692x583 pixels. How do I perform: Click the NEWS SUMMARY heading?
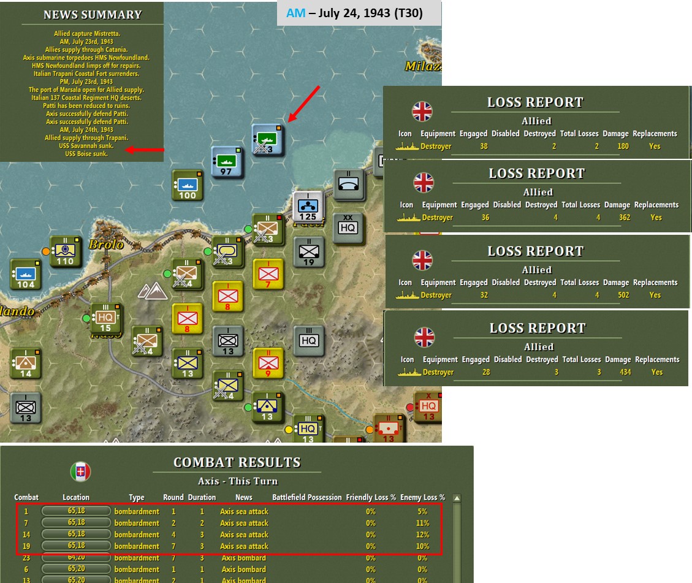coord(93,15)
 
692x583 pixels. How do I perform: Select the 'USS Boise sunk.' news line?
coord(86,154)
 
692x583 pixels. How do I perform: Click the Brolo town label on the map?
coord(105,244)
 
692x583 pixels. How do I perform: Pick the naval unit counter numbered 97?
coord(226,162)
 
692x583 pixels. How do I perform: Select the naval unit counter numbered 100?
coord(187,186)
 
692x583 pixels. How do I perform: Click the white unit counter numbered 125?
coord(308,207)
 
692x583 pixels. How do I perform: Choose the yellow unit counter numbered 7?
coord(268,273)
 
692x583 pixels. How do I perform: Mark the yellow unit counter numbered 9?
coord(268,362)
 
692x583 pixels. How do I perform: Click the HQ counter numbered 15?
coord(105,318)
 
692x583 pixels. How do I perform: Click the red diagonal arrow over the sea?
coord(303,104)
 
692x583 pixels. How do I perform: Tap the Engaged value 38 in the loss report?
coord(484,147)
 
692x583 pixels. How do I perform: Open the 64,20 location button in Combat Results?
coord(76,558)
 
